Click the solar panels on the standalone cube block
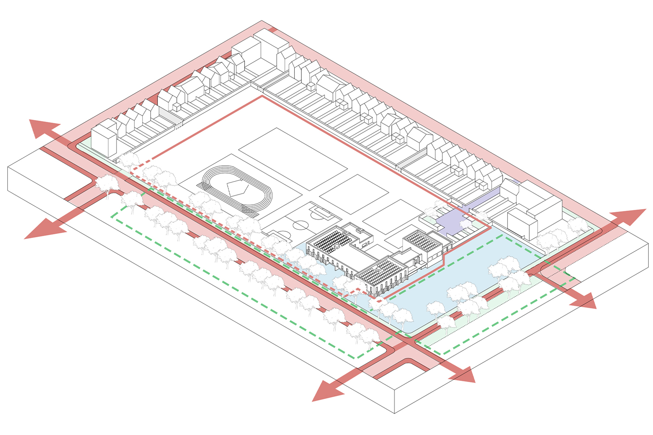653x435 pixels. [423, 241]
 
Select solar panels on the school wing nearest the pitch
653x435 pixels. [330, 240]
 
